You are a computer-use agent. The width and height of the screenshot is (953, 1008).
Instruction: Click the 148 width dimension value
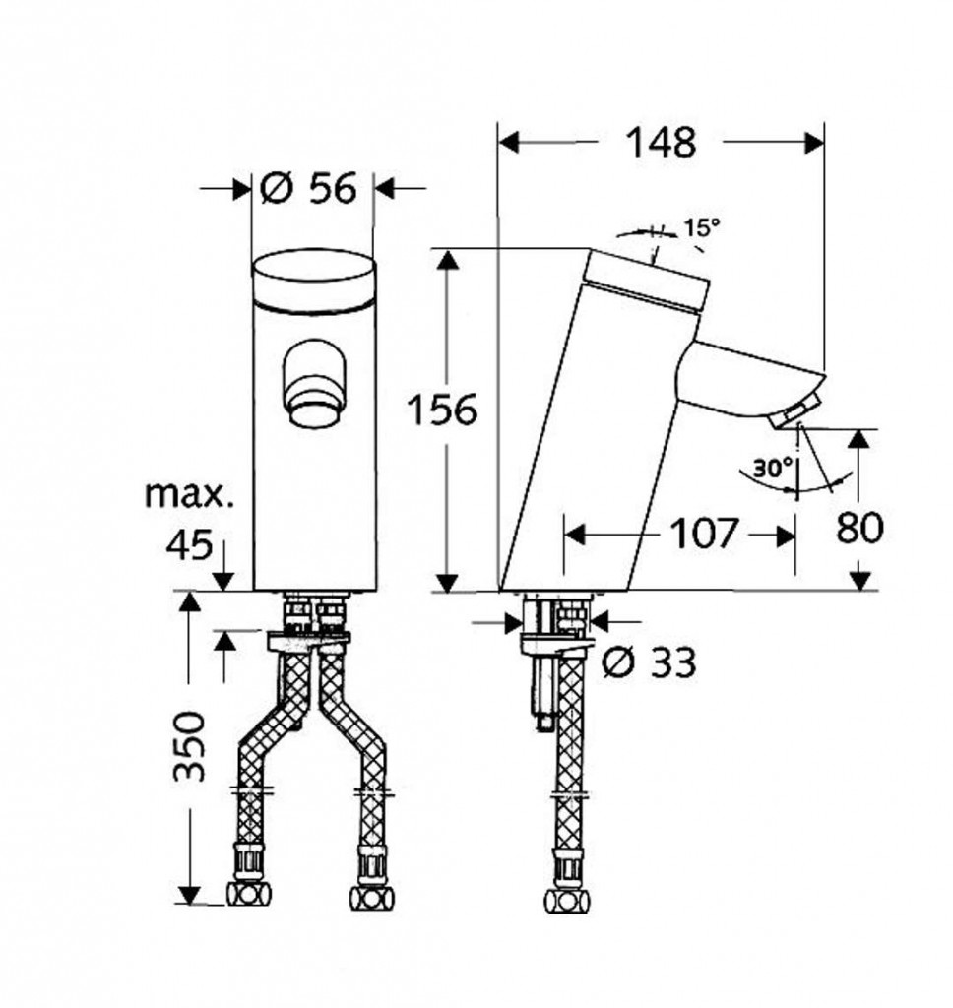click(661, 142)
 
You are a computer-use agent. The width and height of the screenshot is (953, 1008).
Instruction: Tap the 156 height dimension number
click(443, 409)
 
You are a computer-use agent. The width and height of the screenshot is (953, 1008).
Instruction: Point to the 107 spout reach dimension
click(703, 534)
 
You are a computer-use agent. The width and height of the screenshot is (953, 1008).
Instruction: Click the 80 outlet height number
click(859, 528)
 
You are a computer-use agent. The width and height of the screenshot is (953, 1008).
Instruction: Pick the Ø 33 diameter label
click(650, 662)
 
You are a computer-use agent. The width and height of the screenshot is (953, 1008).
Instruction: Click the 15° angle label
click(702, 227)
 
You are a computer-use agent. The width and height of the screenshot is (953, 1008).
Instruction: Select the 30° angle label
click(772, 468)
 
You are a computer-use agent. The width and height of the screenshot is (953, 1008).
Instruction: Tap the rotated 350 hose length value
click(190, 746)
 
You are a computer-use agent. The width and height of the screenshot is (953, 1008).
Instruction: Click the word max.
click(189, 494)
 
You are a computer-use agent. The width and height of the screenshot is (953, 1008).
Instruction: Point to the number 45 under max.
click(189, 545)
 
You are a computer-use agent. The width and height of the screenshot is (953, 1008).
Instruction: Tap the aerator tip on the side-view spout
click(794, 413)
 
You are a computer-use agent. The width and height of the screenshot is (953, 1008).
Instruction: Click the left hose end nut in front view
click(249, 894)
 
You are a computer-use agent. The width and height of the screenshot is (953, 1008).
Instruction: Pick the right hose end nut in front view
click(372, 898)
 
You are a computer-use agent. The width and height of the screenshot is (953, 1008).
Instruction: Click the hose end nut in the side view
click(566, 901)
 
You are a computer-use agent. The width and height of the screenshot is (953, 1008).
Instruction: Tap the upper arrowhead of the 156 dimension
click(448, 259)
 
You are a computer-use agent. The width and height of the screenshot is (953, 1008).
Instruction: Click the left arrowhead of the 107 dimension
click(574, 535)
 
